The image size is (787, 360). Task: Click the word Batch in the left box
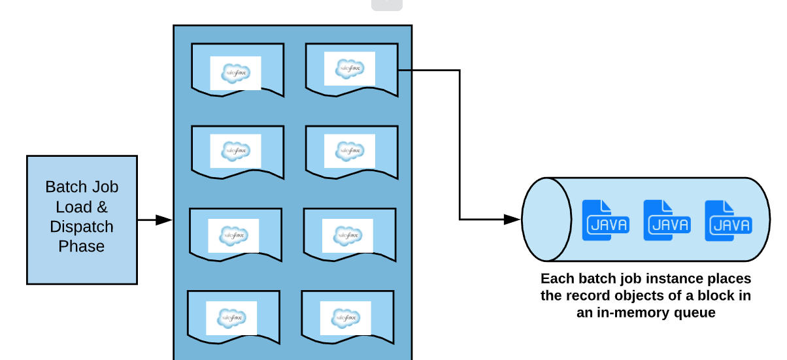click(63, 187)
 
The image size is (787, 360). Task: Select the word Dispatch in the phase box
click(82, 227)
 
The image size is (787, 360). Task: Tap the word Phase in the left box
click(82, 246)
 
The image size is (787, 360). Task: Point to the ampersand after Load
click(101, 207)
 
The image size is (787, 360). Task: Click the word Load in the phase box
click(73, 207)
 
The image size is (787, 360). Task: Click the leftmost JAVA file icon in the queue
click(605, 220)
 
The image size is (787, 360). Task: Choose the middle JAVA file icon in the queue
click(667, 220)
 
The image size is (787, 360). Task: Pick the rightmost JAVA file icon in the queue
click(728, 220)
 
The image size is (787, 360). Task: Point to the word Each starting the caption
click(556, 279)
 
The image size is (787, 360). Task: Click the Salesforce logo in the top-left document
click(235, 73)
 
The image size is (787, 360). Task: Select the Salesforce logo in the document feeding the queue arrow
click(349, 69)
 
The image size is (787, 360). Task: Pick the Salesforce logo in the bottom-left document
click(231, 318)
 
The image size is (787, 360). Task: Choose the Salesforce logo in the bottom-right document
click(345, 318)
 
